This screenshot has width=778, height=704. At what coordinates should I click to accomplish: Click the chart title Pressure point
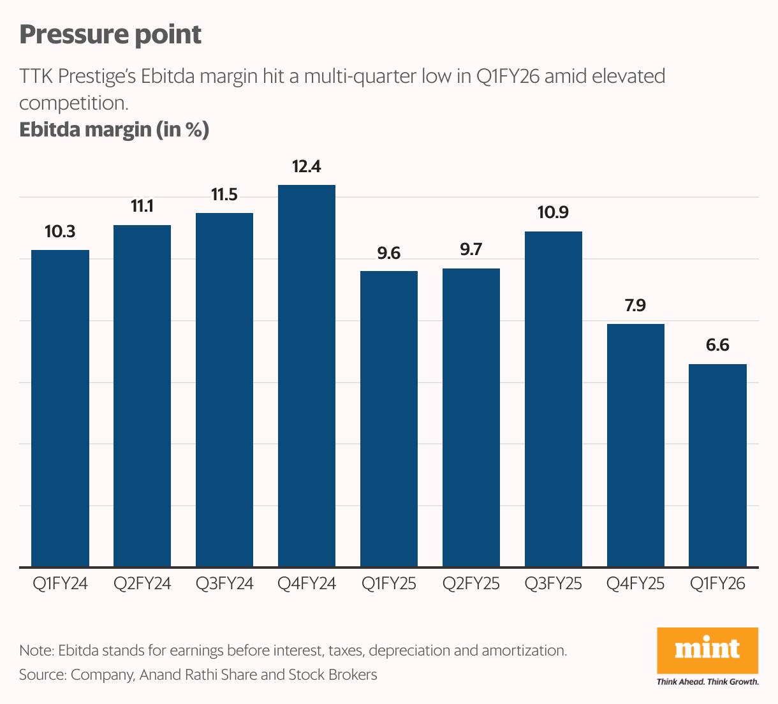[110, 34]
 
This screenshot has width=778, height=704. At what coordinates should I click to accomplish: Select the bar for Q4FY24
[307, 376]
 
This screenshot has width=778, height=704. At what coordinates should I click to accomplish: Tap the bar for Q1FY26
[717, 465]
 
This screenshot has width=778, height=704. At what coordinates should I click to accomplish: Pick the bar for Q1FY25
[389, 418]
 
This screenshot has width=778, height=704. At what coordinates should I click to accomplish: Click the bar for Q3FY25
[553, 399]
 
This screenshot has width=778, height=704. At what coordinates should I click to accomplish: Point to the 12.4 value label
[307, 167]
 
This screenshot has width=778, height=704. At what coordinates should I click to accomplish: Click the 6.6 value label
[717, 346]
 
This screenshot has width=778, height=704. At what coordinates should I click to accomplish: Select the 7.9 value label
[635, 305]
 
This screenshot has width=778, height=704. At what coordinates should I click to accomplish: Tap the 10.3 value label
[60, 231]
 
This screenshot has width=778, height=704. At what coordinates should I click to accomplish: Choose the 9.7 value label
[471, 250]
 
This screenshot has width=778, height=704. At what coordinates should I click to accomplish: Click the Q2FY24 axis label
[142, 583]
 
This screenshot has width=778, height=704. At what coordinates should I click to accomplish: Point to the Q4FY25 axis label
[635, 583]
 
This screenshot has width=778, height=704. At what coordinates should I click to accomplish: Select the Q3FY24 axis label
[224, 583]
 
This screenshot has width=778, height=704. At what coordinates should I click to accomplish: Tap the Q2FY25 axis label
[471, 583]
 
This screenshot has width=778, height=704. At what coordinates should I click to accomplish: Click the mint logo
[707, 650]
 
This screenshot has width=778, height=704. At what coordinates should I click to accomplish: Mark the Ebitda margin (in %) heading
[114, 129]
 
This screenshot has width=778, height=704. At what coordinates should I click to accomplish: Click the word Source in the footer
[42, 675]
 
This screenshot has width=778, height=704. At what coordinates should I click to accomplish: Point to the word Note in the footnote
[36, 651]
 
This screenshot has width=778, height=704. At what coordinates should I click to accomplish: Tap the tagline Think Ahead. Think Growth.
[707, 682]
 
